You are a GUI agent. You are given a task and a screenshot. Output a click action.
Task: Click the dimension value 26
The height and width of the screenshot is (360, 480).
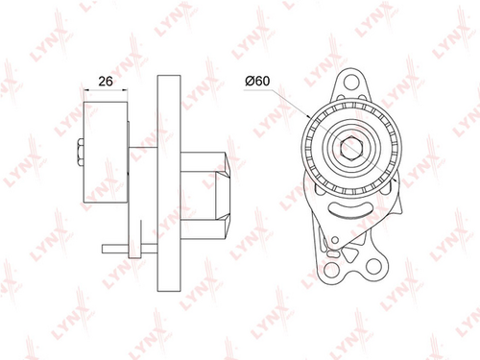[x=106, y=82]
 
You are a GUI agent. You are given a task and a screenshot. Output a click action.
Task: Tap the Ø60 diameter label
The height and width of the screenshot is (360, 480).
[x=257, y=81]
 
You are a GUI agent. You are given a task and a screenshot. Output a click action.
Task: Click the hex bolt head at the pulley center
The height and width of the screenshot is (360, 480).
[x=351, y=148]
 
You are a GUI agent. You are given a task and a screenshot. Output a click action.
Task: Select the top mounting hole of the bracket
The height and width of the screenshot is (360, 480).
[x=351, y=82]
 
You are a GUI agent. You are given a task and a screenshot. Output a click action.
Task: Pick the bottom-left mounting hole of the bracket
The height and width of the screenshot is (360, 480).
[x=331, y=269]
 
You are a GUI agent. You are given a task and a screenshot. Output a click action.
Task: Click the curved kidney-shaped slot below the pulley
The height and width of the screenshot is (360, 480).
[x=350, y=210]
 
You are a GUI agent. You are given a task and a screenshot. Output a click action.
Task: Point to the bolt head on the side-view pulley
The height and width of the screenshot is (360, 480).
[x=80, y=153]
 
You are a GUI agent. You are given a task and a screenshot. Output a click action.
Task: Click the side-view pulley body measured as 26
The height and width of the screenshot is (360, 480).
[x=106, y=153]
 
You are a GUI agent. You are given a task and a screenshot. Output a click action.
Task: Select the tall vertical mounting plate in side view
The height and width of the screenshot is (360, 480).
[x=169, y=183]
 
